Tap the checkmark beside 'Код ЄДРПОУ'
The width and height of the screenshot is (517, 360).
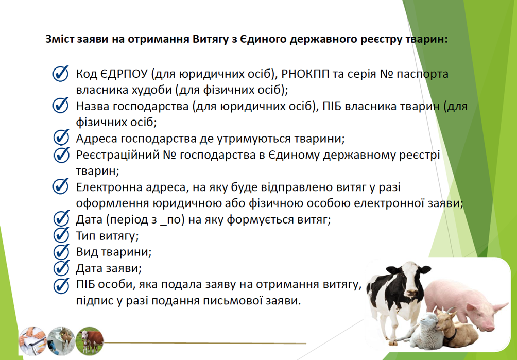point(60,73)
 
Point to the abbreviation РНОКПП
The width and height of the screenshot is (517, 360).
point(305,74)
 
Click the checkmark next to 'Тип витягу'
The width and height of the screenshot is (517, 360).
point(61,235)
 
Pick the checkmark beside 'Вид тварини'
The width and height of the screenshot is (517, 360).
point(61,251)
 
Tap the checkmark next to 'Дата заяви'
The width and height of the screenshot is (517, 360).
point(61,268)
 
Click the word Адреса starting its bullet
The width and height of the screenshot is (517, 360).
point(97,139)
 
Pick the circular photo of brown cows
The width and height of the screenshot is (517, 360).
point(90,341)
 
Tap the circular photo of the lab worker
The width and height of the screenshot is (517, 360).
point(61,341)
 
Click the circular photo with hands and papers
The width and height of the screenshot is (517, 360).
point(32,341)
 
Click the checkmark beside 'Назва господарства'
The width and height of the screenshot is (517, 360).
point(60,106)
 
